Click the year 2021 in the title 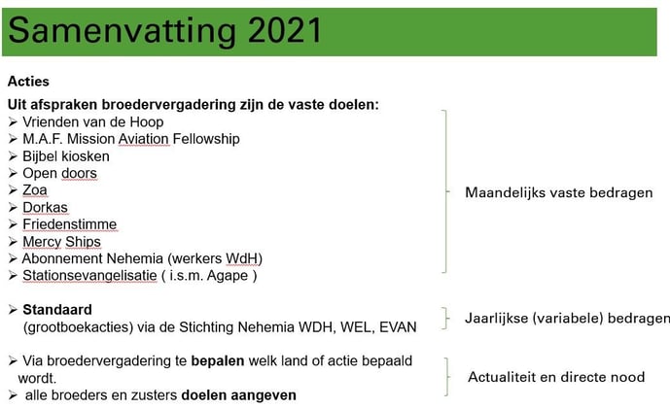(x=285, y=31)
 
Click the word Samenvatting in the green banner (x=123, y=32)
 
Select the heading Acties (x=28, y=81)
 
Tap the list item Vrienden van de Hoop (x=92, y=122)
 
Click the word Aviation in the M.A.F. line (x=144, y=139)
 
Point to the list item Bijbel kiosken (x=66, y=156)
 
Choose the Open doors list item (x=59, y=173)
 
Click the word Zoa (x=35, y=190)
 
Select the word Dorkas (x=45, y=208)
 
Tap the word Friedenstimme (x=70, y=224)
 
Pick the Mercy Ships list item (x=61, y=242)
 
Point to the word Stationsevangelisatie (x=89, y=276)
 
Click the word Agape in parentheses (x=228, y=276)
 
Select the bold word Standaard (x=57, y=310)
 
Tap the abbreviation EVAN (x=398, y=327)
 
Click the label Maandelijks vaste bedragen (x=559, y=193)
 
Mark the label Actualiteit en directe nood (x=556, y=377)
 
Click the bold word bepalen (x=218, y=361)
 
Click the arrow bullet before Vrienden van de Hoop (x=13, y=122)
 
